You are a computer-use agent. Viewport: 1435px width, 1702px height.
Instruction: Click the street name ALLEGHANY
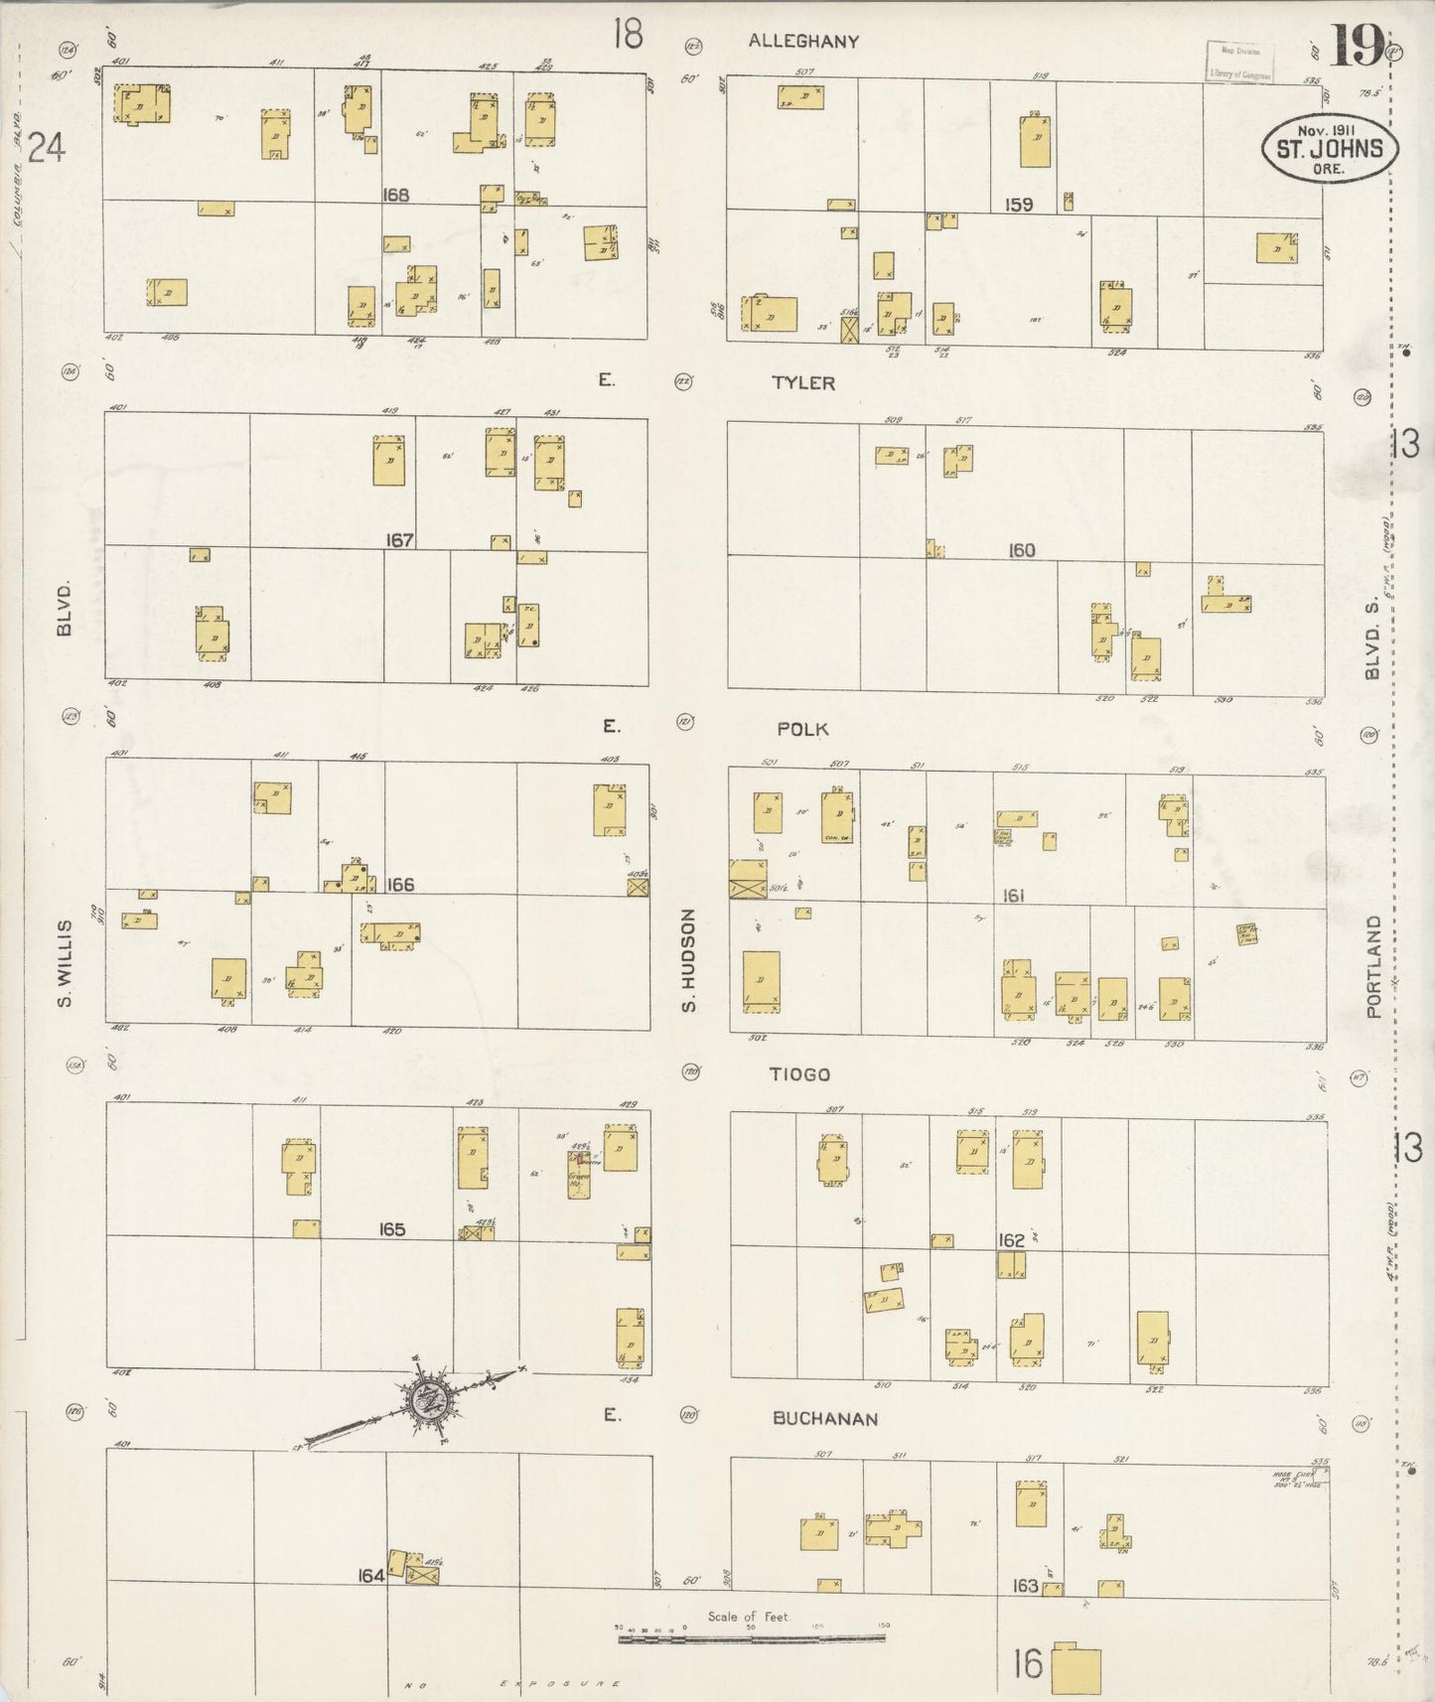click(802, 42)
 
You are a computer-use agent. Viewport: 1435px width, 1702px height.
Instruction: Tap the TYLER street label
click(802, 382)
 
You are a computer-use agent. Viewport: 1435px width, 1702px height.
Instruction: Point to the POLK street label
click(802, 729)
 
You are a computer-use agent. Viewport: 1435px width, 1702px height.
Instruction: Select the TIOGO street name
click(798, 1074)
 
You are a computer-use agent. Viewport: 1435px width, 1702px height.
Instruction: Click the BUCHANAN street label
click(825, 1419)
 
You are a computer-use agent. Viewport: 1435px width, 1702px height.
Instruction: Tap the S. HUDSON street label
click(688, 961)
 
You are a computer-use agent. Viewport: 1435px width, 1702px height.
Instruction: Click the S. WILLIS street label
click(66, 963)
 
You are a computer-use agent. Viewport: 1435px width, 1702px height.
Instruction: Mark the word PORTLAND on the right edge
click(1373, 966)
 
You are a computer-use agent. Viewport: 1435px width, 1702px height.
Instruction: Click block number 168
click(395, 195)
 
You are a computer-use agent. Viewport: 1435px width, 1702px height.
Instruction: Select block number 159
click(1019, 205)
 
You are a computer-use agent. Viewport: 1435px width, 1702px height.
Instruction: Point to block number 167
click(400, 540)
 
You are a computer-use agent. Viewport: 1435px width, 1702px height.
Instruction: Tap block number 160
click(1021, 550)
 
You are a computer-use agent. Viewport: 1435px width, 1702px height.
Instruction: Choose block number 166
click(400, 885)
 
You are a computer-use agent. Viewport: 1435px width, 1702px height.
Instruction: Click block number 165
click(392, 1229)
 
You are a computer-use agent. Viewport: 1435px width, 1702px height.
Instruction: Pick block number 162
click(1012, 1240)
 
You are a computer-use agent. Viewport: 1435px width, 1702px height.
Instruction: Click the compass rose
click(429, 1398)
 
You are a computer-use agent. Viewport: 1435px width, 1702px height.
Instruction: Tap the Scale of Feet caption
click(747, 1617)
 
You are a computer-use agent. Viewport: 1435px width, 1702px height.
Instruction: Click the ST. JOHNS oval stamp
click(1329, 149)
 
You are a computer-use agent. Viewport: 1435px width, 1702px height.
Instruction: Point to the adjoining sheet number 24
click(46, 148)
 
